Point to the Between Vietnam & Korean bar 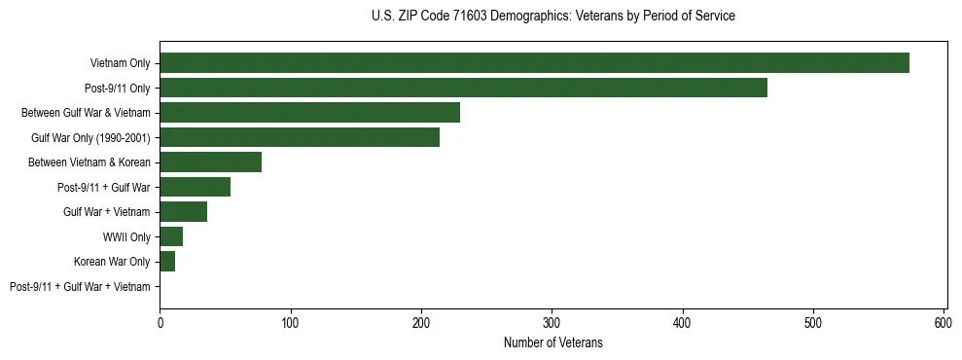[210, 162]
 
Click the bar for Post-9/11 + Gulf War [195, 187]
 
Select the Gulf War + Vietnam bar [183, 212]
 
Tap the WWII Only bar [171, 236]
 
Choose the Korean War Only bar [167, 262]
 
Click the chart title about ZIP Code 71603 [552, 17]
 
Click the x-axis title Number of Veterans [552, 342]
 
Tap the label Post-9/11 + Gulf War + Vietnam [80, 286]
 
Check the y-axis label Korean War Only [112, 262]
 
